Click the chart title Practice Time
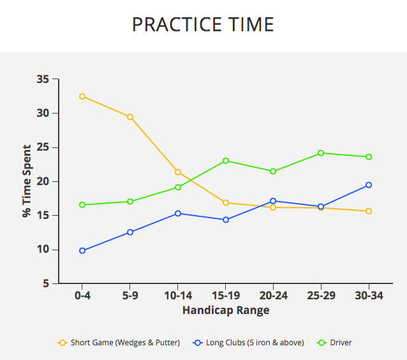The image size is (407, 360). [203, 25]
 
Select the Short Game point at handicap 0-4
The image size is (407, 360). [82, 96]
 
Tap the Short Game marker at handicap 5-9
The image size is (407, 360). [129, 117]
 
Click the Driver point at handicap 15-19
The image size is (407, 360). [225, 161]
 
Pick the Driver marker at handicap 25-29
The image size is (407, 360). [321, 153]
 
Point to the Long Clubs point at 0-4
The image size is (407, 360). [82, 251]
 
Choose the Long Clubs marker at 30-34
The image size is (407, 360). [369, 185]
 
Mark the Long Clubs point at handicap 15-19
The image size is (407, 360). [225, 220]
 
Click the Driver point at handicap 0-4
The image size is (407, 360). [82, 205]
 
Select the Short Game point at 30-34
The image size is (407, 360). [369, 211]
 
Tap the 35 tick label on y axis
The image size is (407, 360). [43, 80]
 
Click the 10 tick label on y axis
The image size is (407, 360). [43, 250]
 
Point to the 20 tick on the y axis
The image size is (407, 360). [43, 182]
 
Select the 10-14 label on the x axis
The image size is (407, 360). [177, 297]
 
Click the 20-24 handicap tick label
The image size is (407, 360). [273, 297]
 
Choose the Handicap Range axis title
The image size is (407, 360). [226, 311]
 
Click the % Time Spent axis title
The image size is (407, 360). [27, 181]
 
